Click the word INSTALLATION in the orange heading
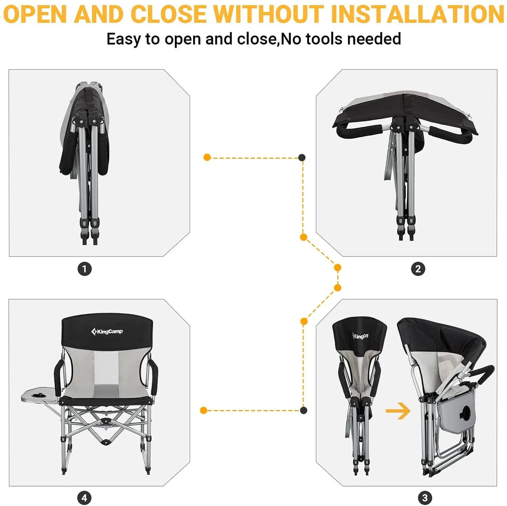pos(417,14)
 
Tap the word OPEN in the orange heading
pos(35,14)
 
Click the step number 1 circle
pos(85,269)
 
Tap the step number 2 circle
pos(418,269)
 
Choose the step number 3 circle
pos(425,498)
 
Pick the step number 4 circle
pos(84,498)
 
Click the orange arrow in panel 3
pos(398,411)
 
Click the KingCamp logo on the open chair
pos(107,331)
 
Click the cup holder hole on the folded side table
pos(465,413)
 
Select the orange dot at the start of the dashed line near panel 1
pos(207,157)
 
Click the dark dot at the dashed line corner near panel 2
pos(302,157)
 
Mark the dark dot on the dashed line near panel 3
pos(304,410)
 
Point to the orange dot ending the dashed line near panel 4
pos(203,410)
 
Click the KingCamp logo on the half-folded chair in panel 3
pos(360,336)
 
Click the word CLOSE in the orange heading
pos(168,14)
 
